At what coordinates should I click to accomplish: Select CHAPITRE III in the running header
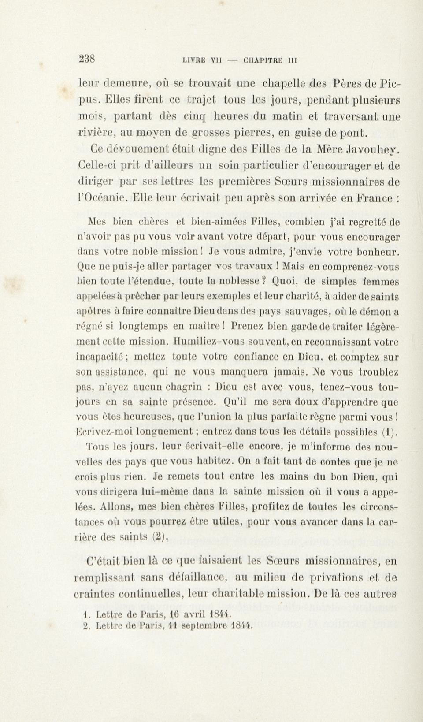click(270, 61)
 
